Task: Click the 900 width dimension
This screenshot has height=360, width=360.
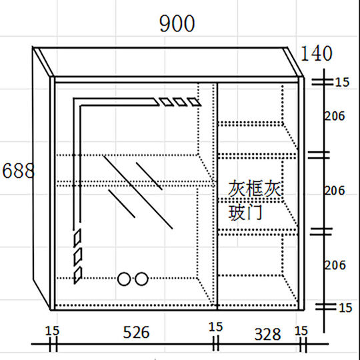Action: (x=177, y=23)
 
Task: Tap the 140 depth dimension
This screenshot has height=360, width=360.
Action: (x=317, y=53)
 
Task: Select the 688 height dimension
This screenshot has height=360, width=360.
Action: (x=18, y=171)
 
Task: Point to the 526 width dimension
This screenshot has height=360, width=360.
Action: (x=136, y=332)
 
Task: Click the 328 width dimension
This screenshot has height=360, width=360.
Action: (x=268, y=334)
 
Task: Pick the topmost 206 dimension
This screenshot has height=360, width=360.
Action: (x=335, y=116)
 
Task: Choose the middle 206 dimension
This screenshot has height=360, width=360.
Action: (x=335, y=191)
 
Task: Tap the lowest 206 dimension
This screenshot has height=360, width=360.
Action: (x=335, y=265)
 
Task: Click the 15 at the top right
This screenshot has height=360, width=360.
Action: (x=342, y=82)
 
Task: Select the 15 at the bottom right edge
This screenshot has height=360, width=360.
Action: (x=345, y=308)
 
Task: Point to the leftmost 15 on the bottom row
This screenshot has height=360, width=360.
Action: (x=52, y=331)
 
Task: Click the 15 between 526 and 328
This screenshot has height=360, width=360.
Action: (x=215, y=327)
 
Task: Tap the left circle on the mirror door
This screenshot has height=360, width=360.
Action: (x=124, y=279)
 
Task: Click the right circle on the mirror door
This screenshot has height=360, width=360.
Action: (x=141, y=279)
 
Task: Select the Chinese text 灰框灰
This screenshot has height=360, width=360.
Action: (x=254, y=188)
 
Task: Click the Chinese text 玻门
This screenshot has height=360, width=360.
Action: (x=245, y=213)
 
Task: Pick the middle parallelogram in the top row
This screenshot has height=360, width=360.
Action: (x=180, y=102)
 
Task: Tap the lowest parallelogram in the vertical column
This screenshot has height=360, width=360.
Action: (x=77, y=275)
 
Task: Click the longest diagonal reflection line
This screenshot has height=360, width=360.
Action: (x=138, y=193)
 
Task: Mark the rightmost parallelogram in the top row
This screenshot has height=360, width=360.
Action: (x=194, y=102)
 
